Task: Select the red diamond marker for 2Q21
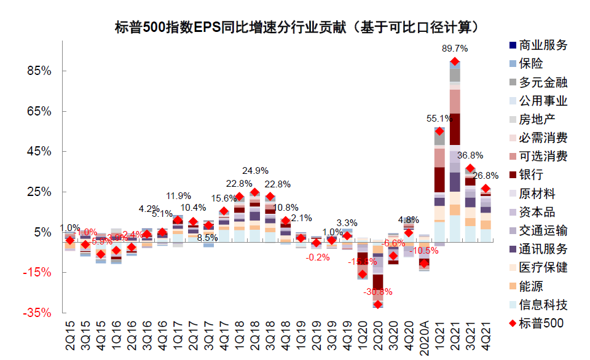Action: (x=455, y=61)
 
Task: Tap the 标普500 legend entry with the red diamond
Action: (x=534, y=323)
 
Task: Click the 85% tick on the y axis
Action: (x=39, y=71)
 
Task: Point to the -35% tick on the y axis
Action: (x=37, y=313)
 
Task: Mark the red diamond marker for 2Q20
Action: (x=378, y=304)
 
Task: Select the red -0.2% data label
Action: (x=318, y=257)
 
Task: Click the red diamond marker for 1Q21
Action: (x=439, y=131)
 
